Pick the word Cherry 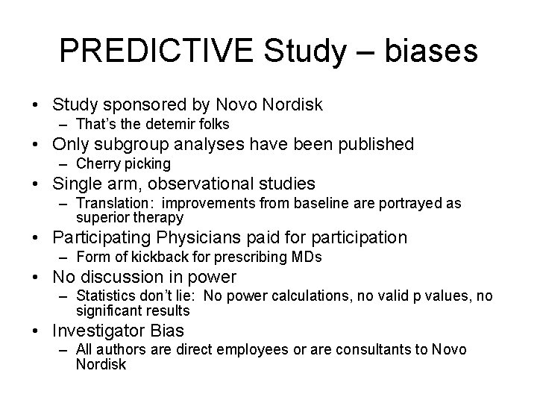[95, 163]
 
